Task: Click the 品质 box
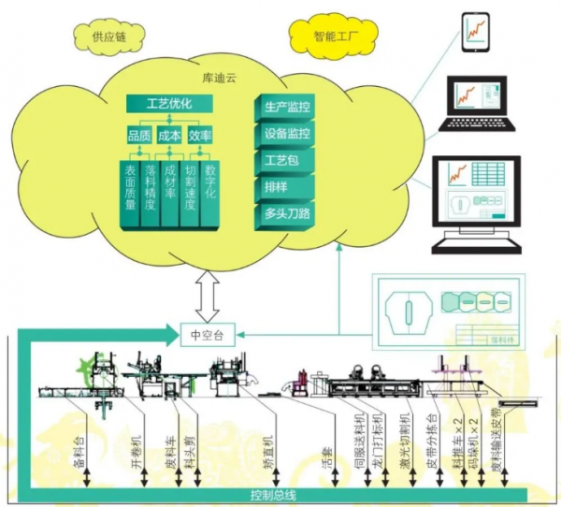click(x=138, y=137)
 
